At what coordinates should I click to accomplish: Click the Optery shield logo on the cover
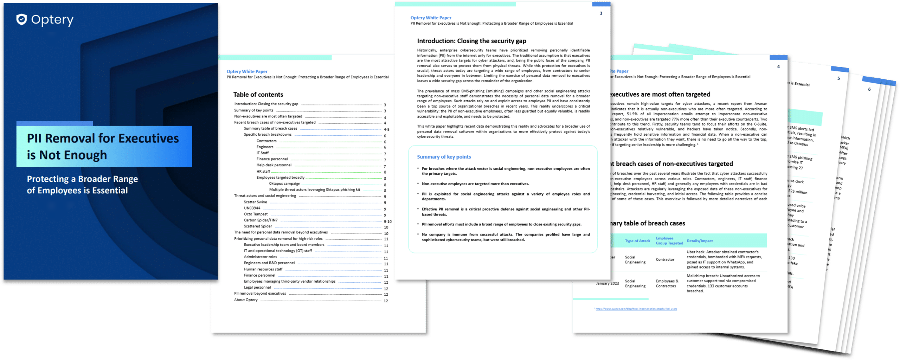point(21,19)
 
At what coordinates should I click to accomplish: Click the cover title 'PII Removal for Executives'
point(103,139)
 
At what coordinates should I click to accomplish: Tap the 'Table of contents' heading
point(258,95)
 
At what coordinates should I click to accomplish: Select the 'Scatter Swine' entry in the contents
point(256,202)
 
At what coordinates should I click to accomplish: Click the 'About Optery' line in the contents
point(246,300)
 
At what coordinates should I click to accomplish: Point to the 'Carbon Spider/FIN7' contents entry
point(261,220)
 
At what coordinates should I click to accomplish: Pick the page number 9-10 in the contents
point(387,221)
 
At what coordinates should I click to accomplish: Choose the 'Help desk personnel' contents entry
point(274,165)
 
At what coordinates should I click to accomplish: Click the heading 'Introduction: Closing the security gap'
point(471,41)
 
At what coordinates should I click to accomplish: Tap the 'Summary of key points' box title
point(444,157)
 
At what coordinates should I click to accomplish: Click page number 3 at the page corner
point(601,13)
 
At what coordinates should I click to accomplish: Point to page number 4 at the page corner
point(778,66)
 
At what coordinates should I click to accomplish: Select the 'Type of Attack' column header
point(637,241)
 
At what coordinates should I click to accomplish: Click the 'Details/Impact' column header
point(700,241)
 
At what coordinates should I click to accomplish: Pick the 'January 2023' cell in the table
point(607,283)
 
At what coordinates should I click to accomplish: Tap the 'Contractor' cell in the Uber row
point(665,259)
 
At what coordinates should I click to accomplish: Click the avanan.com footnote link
point(636,309)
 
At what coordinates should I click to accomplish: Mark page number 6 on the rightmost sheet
point(869,89)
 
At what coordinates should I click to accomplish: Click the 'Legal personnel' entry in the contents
point(257,288)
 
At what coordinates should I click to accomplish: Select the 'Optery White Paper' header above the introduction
point(431,18)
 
